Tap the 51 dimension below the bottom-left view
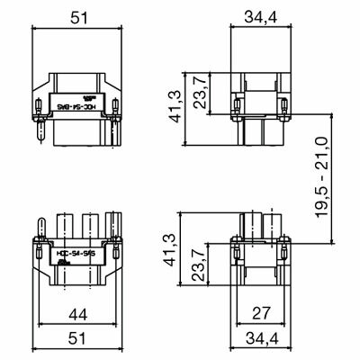(78, 339)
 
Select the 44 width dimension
(78, 315)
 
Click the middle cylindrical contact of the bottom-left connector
(88, 225)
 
